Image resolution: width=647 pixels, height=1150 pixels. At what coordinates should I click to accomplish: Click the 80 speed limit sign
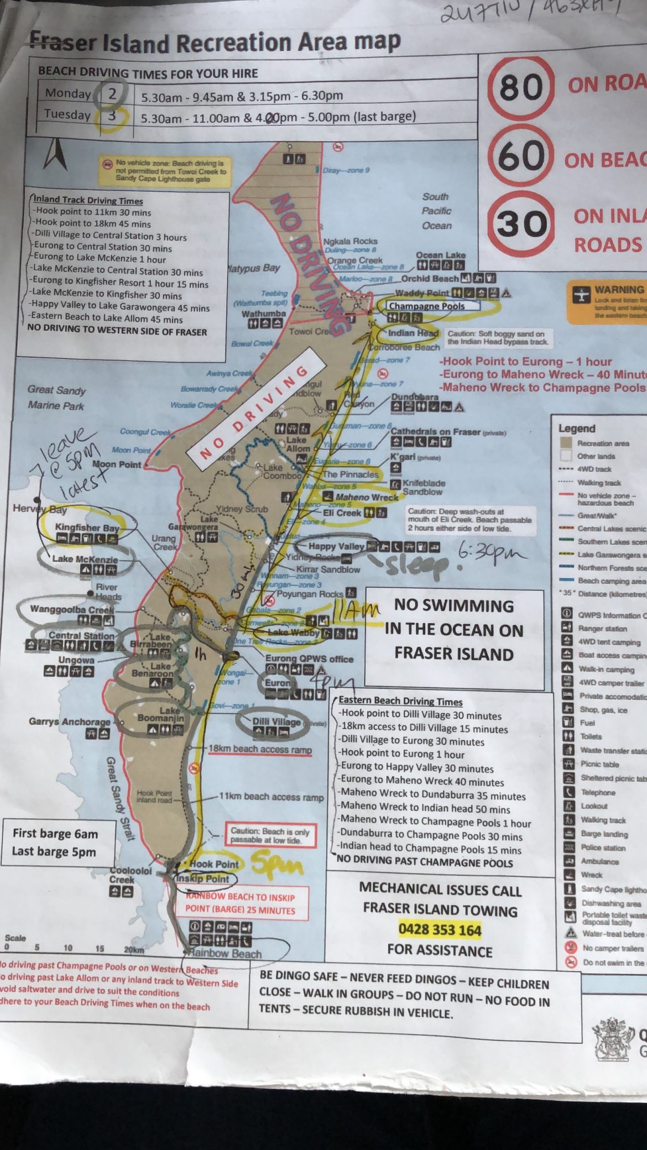pos(520,87)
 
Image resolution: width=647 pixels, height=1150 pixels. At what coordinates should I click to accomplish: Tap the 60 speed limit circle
pos(521,155)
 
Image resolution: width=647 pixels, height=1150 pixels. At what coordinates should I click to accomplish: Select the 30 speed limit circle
pos(521,223)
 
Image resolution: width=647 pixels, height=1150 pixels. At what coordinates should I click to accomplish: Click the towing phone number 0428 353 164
pos(440,929)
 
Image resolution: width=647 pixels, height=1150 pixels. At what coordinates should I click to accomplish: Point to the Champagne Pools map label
pos(426,306)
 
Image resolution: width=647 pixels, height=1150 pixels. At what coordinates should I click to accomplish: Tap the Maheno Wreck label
pos(367,497)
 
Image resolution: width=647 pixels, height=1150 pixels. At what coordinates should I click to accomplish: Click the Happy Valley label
pos(336,546)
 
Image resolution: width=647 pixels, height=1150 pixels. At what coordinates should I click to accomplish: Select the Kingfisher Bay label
pos(87,527)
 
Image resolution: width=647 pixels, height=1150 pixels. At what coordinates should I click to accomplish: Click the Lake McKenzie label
pos(85,559)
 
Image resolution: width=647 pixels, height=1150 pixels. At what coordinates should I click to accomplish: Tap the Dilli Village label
pos(276,722)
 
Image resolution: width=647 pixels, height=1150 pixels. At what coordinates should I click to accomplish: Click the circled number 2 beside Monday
pos(112,93)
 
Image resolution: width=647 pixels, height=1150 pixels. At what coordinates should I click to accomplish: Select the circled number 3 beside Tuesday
pos(112,116)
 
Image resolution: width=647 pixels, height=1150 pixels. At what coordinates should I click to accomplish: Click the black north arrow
pos(55,154)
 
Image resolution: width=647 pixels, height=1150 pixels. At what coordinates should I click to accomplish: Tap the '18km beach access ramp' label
pos(260,749)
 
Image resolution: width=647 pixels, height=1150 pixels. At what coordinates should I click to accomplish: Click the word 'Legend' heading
pos(577,428)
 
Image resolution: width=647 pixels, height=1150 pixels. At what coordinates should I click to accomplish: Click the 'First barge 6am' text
pos(55,833)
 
